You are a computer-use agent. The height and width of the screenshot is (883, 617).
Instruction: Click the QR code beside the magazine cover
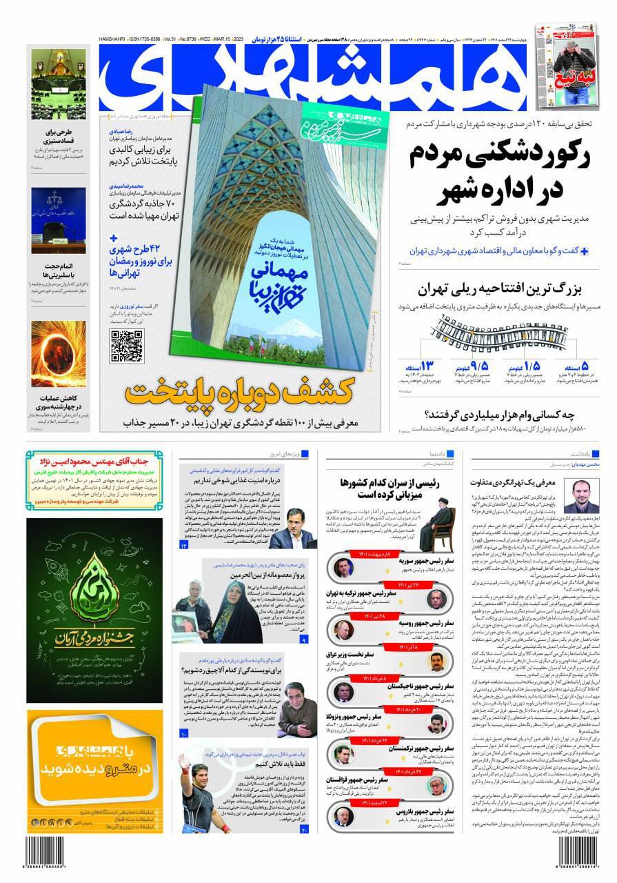coord(126,347)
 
